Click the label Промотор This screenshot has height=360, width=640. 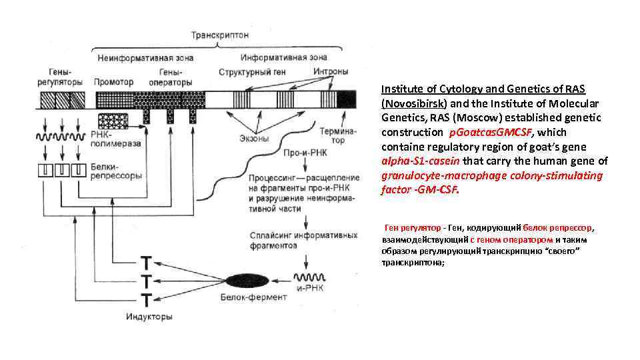click(x=110, y=82)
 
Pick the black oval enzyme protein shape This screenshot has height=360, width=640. click(x=247, y=280)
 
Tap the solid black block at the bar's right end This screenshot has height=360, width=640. click(x=346, y=100)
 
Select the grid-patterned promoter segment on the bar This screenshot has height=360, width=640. click(x=111, y=100)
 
